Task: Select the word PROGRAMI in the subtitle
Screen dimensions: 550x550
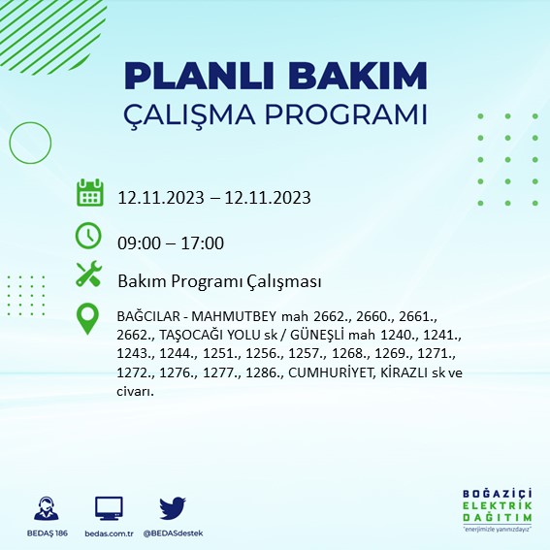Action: tap(353, 114)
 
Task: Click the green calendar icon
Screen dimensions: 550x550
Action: tap(89, 193)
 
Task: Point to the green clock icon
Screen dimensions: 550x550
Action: tap(88, 236)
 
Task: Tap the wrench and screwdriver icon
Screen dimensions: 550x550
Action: tap(89, 275)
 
